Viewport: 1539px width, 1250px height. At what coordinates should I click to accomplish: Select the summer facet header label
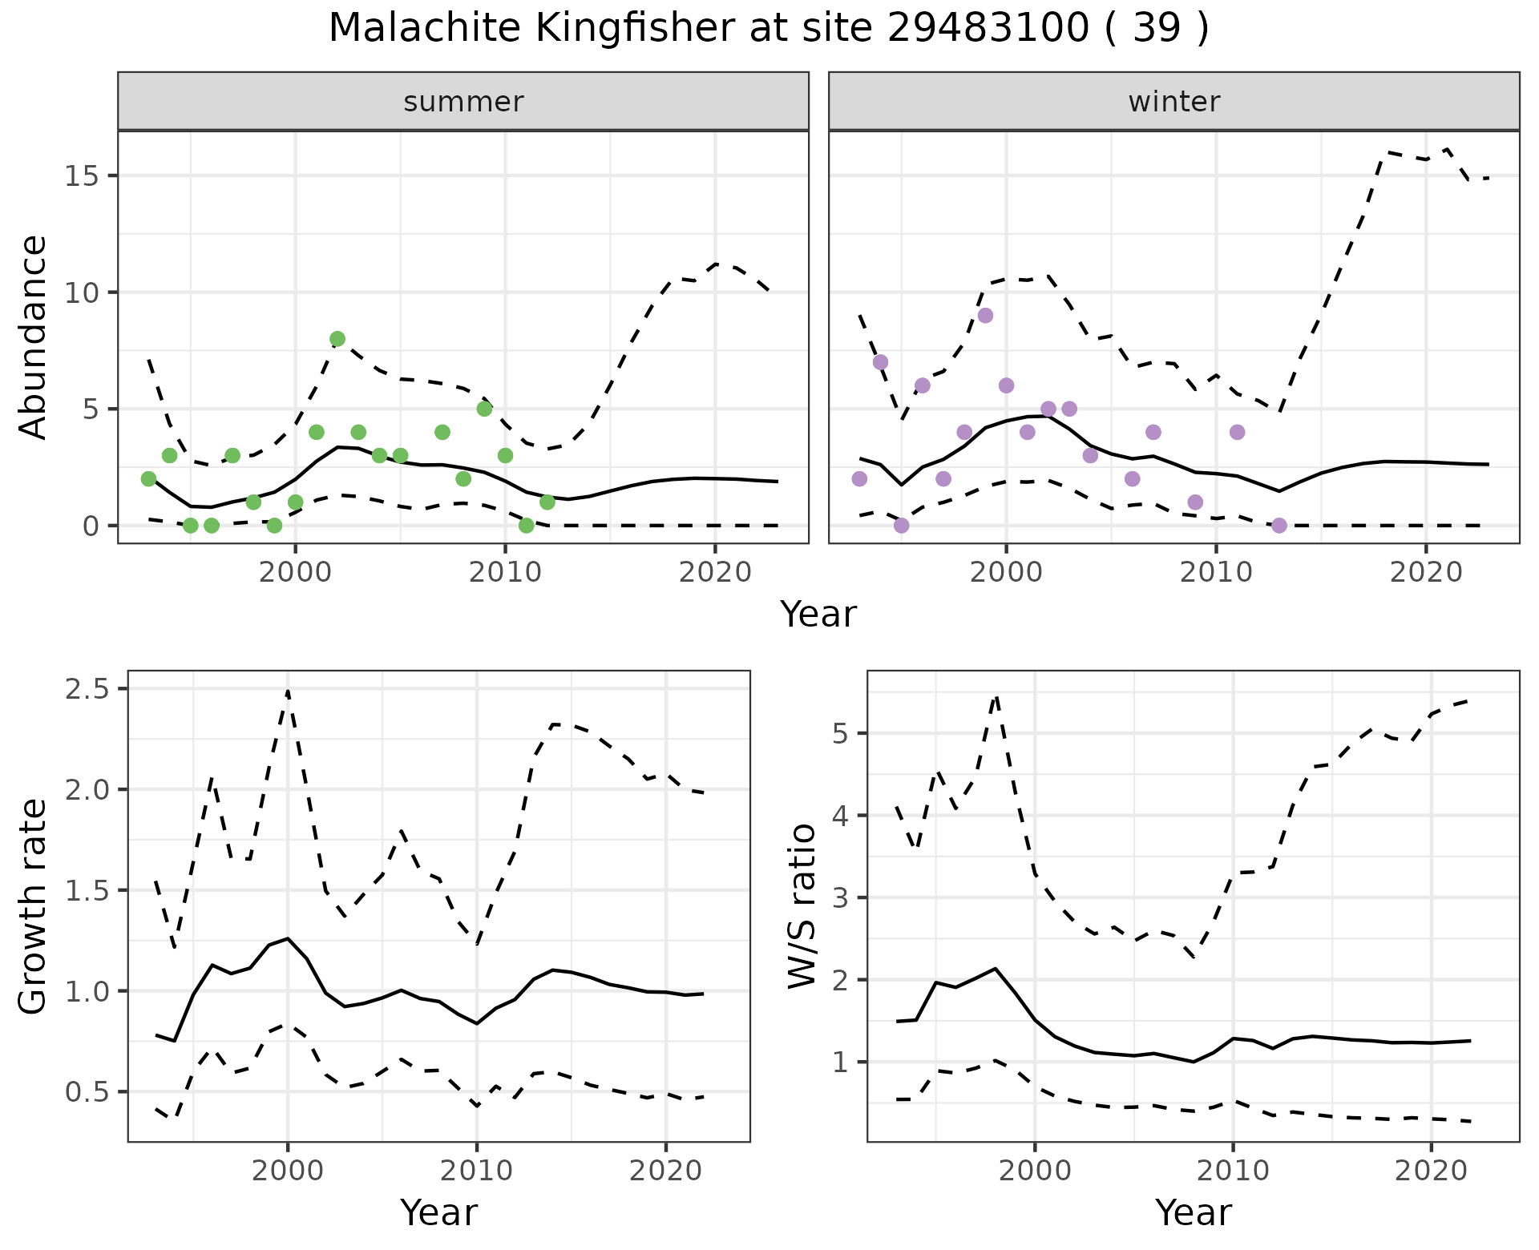(463, 102)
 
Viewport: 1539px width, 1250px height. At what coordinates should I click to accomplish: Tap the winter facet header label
(1173, 102)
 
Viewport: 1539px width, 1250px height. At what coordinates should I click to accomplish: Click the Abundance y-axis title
(33, 337)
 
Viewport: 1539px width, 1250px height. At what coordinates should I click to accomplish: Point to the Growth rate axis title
(33, 906)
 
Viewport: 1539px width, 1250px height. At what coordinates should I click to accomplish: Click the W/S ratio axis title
(802, 906)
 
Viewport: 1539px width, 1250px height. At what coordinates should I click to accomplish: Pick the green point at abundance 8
(337, 339)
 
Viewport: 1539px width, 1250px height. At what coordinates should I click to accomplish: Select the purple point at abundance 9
(985, 316)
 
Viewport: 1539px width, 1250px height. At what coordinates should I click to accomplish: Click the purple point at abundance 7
(880, 362)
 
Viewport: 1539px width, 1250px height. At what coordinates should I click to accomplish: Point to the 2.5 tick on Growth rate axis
(89, 689)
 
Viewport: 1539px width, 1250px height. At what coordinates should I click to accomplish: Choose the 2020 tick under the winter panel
(1426, 572)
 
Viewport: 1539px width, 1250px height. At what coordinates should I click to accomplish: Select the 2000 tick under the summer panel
(295, 572)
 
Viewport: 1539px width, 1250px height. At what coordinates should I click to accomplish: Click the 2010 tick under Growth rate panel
(476, 1171)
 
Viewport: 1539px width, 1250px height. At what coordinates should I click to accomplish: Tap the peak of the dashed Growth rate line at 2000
(288, 691)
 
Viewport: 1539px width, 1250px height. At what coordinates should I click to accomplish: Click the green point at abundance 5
(484, 409)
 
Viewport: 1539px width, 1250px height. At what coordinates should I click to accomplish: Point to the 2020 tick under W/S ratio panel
(1431, 1171)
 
